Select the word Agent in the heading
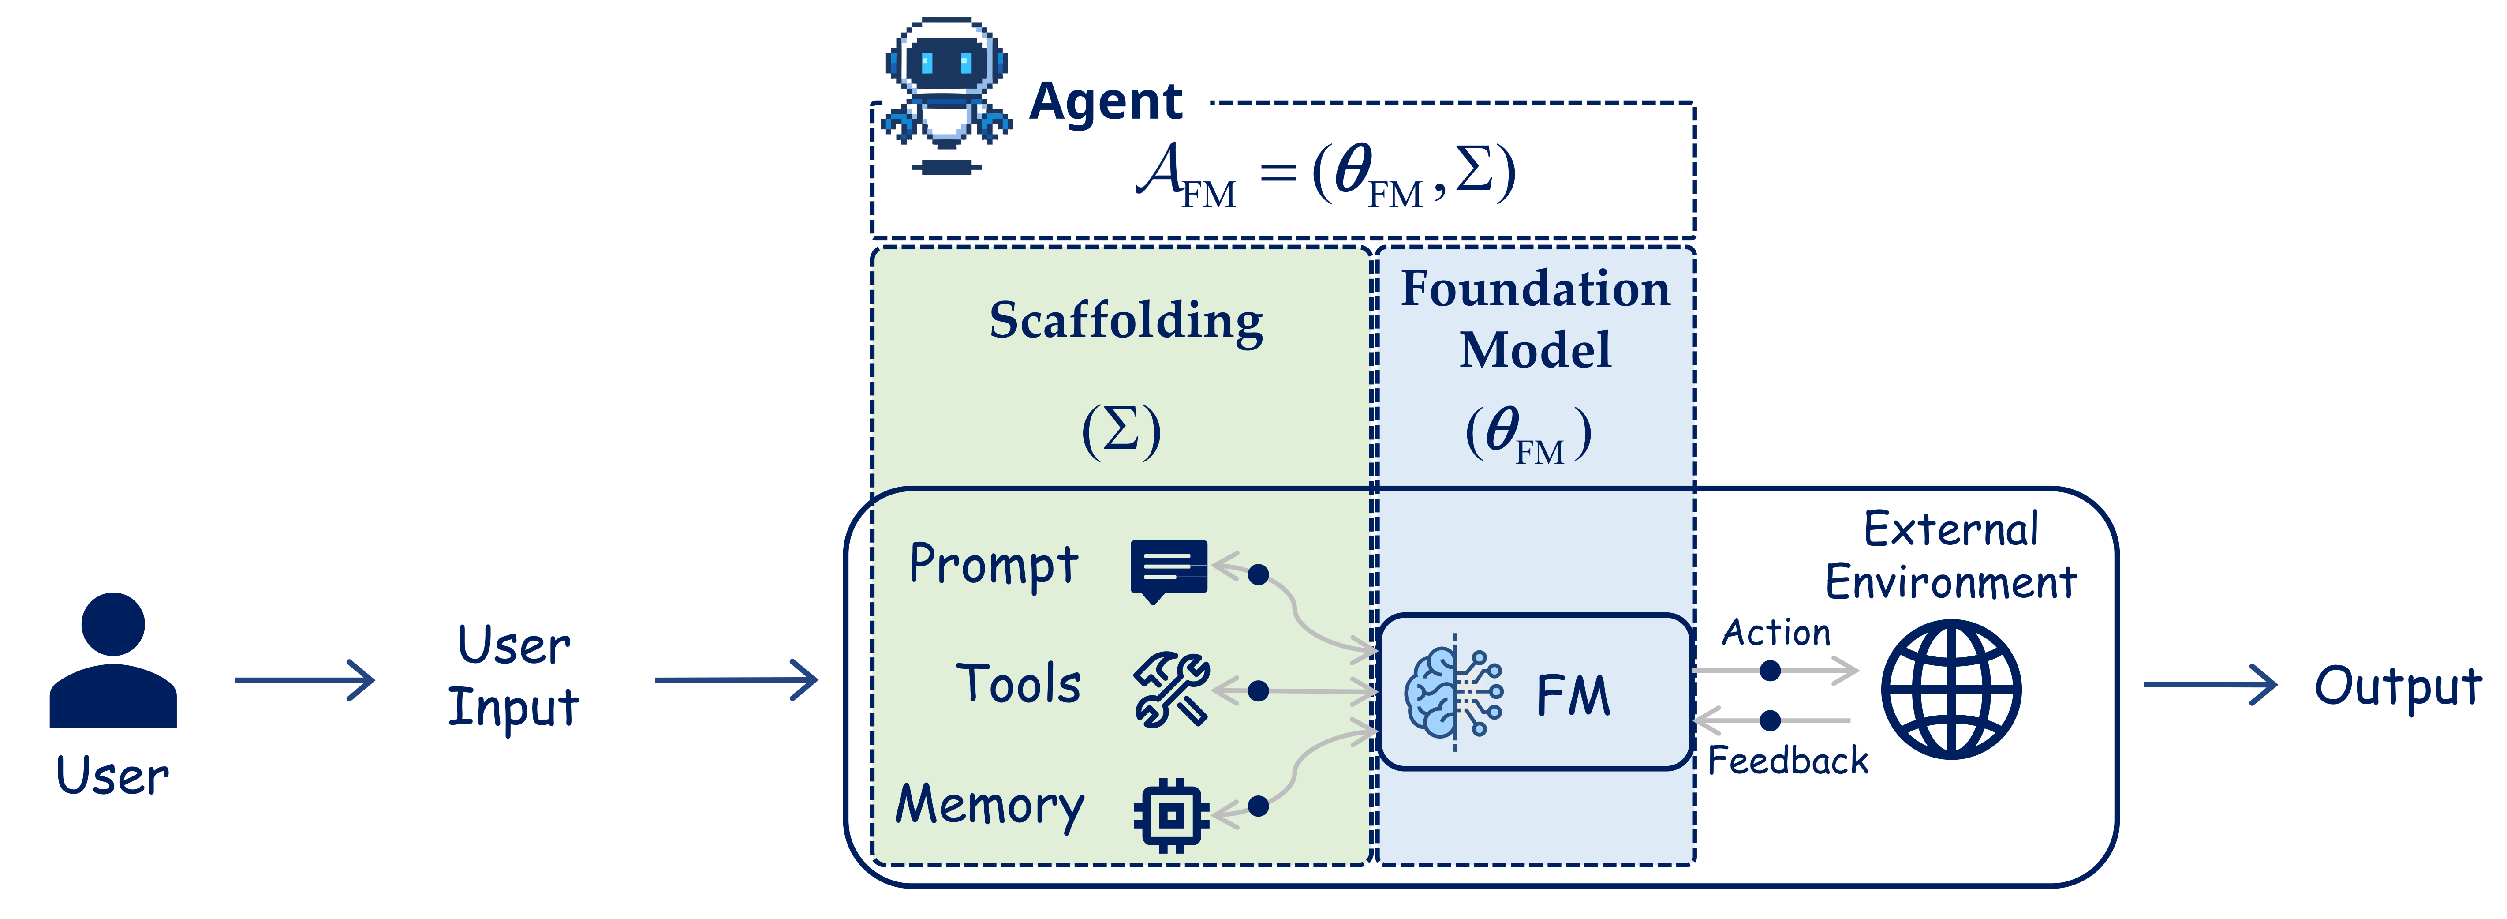click(x=1106, y=101)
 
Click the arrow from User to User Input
click(x=305, y=679)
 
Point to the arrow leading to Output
click(x=2209, y=684)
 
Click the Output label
click(x=2397, y=686)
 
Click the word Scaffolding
click(x=1126, y=321)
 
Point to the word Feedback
click(x=1788, y=760)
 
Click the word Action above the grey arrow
click(x=1776, y=633)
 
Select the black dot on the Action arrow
click(x=1770, y=671)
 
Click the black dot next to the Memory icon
click(x=1259, y=806)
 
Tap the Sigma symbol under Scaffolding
click(x=1121, y=429)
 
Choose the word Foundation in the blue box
click(x=1535, y=289)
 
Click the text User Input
click(x=514, y=677)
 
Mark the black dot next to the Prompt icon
click(x=1259, y=574)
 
